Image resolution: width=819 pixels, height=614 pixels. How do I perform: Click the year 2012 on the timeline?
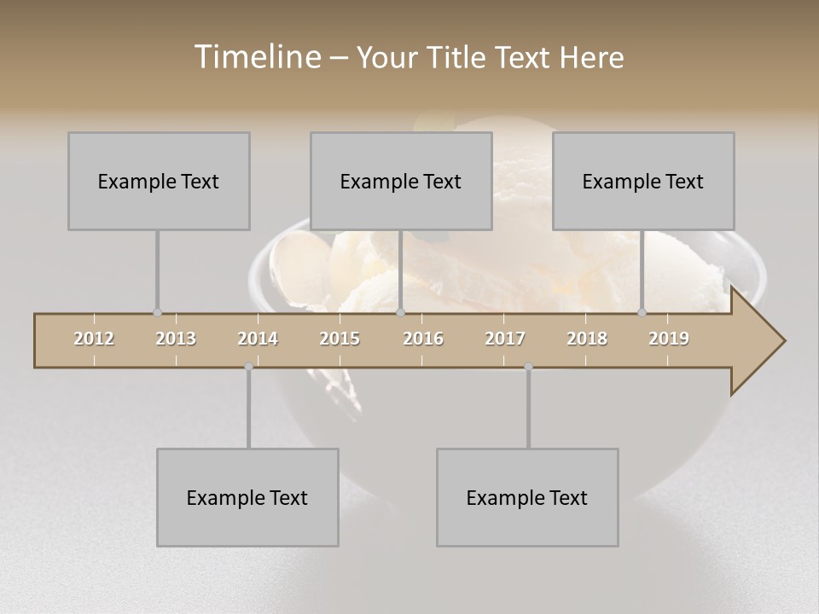pos(94,339)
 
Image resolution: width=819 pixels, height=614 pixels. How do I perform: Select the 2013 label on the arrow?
pos(176,339)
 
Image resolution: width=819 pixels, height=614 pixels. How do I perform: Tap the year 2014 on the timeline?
pos(258,339)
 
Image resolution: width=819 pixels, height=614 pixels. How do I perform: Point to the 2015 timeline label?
pos(340,339)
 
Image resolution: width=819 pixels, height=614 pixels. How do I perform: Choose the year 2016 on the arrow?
pos(423,339)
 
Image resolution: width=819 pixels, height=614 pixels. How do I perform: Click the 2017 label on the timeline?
pos(505,339)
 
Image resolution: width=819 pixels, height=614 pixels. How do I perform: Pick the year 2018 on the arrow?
pos(587,339)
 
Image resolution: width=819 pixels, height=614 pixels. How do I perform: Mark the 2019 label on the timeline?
pos(669,339)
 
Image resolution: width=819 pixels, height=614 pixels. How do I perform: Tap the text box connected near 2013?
pos(159,181)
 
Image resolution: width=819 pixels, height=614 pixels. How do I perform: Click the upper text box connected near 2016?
pos(401,181)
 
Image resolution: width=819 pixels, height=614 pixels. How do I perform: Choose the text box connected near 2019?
pos(643,181)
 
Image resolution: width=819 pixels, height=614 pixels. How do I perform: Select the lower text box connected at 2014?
pos(247,497)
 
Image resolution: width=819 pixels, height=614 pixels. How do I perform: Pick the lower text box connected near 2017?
pos(527,497)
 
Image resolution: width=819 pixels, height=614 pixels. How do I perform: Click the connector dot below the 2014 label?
pos(248,367)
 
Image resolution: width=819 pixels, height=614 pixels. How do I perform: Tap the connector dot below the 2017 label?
pos(528,367)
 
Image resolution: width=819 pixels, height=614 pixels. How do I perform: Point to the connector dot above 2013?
pos(157,312)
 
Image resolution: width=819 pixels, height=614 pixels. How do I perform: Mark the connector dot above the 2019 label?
pos(642,312)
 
